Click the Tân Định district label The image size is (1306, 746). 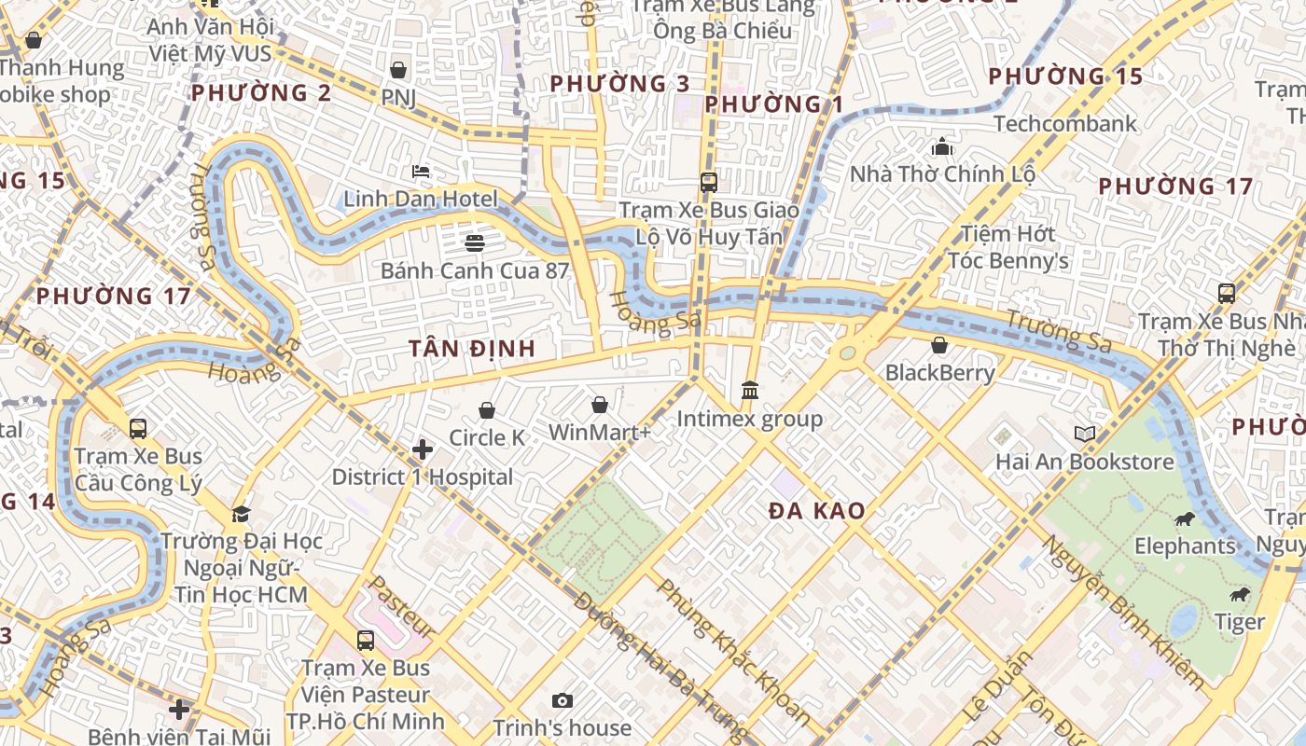(x=472, y=349)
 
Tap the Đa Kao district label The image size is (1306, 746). (x=816, y=511)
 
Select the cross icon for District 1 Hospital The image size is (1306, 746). (x=423, y=450)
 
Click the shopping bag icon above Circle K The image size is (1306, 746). (x=486, y=410)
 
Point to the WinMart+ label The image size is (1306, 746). (x=599, y=433)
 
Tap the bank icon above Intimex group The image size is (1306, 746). (x=750, y=391)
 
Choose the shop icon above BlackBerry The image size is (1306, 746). (x=939, y=345)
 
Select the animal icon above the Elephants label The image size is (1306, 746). (x=1185, y=519)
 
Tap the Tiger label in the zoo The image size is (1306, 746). (x=1239, y=622)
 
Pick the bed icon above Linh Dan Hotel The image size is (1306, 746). (x=421, y=172)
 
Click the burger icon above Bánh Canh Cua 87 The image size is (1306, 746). (x=474, y=243)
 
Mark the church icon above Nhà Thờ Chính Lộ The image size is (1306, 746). (x=942, y=147)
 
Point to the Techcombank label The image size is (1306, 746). (x=1064, y=123)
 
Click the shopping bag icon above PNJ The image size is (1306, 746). (x=398, y=70)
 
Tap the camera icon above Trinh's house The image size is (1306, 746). (x=562, y=700)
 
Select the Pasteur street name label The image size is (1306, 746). (x=400, y=607)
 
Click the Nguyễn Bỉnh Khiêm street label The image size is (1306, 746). (x=1122, y=612)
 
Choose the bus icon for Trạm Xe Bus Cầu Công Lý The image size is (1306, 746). (x=138, y=429)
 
